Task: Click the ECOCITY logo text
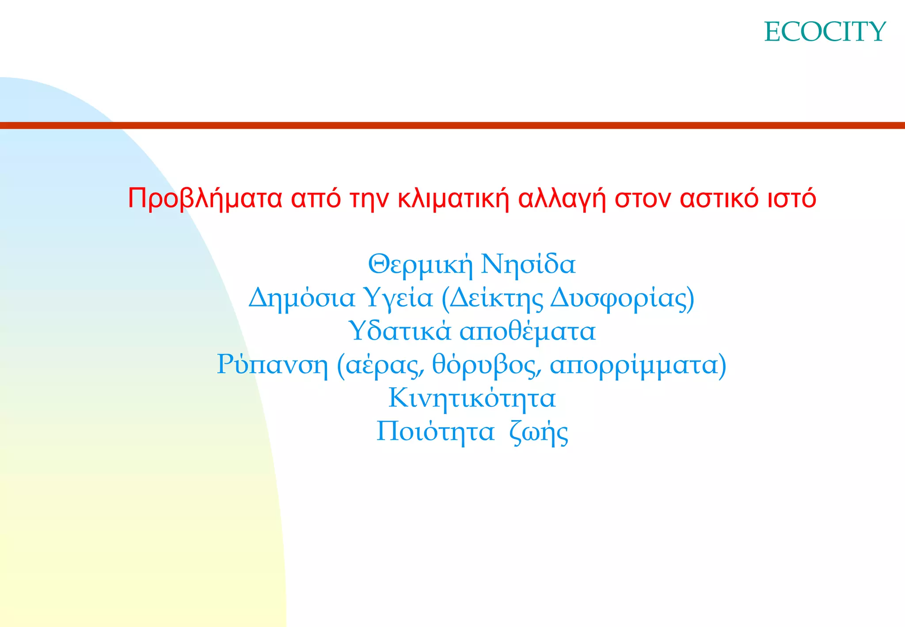[825, 32]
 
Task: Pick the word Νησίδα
[528, 264]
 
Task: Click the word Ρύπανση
[272, 365]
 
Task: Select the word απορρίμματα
[634, 365]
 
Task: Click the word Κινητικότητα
[472, 398]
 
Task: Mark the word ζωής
[539, 432]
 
